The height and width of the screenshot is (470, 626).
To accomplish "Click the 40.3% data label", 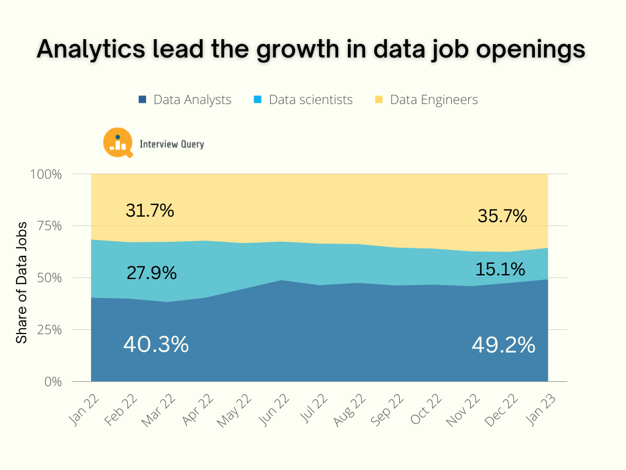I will pyautogui.click(x=156, y=345).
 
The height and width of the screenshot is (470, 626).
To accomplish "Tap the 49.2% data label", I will pyautogui.click(x=503, y=346).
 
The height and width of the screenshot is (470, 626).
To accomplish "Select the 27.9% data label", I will pyautogui.click(x=152, y=273).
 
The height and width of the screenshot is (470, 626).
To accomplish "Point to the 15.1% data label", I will pyautogui.click(x=501, y=269).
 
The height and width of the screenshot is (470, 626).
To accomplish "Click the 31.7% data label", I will pyautogui.click(x=150, y=211).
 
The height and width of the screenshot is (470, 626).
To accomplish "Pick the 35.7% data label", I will pyautogui.click(x=503, y=216).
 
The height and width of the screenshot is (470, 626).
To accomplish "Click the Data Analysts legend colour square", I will pyautogui.click(x=142, y=99).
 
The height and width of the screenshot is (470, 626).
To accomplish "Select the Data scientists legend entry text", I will pyautogui.click(x=311, y=99).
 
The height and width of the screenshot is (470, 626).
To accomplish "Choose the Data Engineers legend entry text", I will pyautogui.click(x=433, y=99).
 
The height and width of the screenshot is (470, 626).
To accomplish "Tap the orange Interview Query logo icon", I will pyautogui.click(x=118, y=143).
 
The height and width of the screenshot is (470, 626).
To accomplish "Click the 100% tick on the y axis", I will pyautogui.click(x=46, y=174).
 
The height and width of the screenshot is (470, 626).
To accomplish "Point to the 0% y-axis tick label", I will pyautogui.click(x=53, y=382).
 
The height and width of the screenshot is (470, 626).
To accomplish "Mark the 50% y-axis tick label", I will pyautogui.click(x=49, y=278).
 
